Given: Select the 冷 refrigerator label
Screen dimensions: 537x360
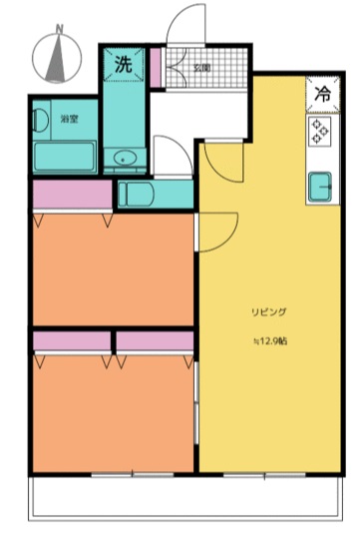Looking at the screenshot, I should point(323,95).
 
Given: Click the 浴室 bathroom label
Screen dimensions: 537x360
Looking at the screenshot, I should point(69,119).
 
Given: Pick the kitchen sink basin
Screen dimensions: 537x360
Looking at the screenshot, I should point(322,186).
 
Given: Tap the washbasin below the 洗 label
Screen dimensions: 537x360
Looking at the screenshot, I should point(125,158).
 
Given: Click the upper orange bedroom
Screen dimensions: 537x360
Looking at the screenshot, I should point(112,269).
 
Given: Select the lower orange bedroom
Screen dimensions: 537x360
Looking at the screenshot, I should point(112,414).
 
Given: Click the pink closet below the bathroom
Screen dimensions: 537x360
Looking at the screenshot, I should point(71,195).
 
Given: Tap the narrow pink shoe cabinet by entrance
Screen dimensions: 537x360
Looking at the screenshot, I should point(155,66).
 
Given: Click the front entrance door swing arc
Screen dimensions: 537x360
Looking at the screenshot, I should point(184,25).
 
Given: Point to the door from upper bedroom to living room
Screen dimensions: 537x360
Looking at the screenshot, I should point(214,231).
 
